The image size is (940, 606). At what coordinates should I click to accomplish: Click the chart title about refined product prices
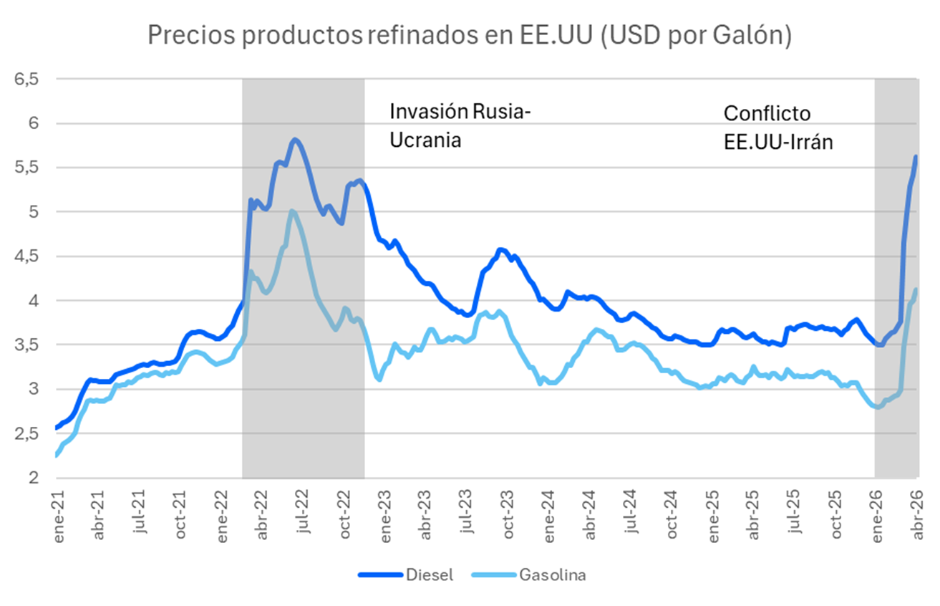469,35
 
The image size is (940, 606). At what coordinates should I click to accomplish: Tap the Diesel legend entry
406,574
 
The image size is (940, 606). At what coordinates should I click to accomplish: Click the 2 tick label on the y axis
32,478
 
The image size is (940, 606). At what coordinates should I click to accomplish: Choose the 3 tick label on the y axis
32,389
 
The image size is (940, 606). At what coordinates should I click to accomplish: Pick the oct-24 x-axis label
672,514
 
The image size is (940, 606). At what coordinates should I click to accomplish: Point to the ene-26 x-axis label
878,514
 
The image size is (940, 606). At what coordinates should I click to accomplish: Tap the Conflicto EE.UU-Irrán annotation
778,128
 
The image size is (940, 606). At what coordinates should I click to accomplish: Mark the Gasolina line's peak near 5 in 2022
292,211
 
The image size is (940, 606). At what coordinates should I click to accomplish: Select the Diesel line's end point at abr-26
916,157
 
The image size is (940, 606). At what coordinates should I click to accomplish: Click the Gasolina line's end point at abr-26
916,289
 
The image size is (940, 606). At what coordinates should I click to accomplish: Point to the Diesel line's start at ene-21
57,428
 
